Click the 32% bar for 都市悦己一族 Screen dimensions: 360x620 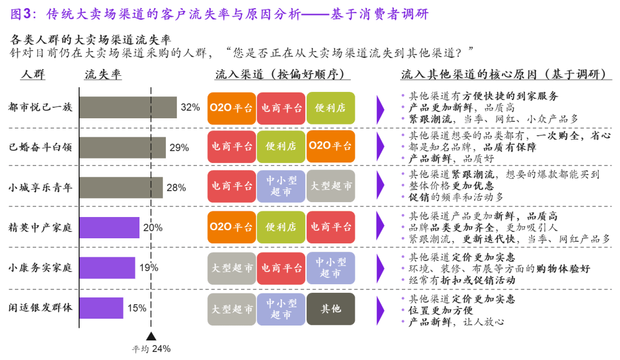[128, 107]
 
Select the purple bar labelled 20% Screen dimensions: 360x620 [109, 227]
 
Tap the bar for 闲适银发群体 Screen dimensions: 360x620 [101, 308]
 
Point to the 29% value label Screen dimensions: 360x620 [179, 148]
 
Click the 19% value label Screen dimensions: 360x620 [148, 268]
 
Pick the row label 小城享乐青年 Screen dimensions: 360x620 [40, 187]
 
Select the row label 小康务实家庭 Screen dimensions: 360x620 [40, 268]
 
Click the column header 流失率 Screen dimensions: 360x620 [103, 75]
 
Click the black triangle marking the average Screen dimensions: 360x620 [151, 336]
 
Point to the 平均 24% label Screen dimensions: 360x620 [151, 349]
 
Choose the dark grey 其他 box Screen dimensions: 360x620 [331, 309]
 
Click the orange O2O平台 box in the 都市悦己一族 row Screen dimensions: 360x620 [231, 108]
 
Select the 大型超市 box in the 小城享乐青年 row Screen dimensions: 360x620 [331, 186]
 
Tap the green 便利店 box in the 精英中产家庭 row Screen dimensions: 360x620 [281, 227]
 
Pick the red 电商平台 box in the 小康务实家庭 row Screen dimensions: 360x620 [281, 268]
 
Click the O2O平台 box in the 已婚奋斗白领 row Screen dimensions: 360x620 [331, 146]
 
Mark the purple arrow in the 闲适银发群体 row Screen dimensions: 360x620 [380, 309]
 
